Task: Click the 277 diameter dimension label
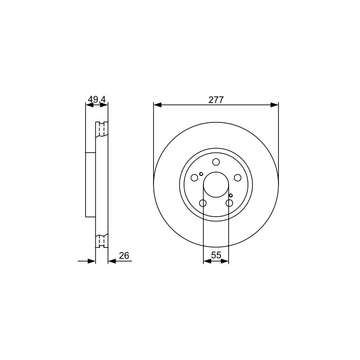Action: pyautogui.click(x=216, y=100)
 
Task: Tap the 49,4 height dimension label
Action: pyautogui.click(x=97, y=99)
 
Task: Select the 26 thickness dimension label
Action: pyautogui.click(x=124, y=256)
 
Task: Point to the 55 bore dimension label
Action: pyautogui.click(x=216, y=255)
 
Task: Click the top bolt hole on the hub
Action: pyautogui.click(x=216, y=162)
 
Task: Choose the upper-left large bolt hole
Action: pyautogui.click(x=194, y=178)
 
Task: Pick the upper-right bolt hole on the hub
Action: pyautogui.click(x=238, y=178)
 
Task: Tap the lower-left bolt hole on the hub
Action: pyautogui.click(x=203, y=203)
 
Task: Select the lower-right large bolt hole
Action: pyautogui.click(x=229, y=203)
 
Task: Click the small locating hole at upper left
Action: pyautogui.click(x=201, y=174)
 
